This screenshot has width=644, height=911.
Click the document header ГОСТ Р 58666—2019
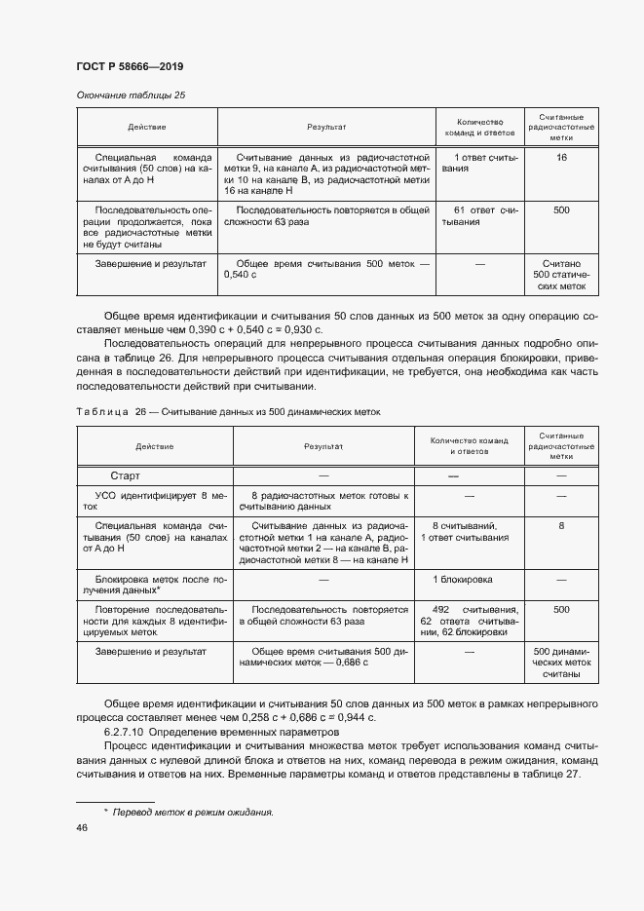pyautogui.click(x=129, y=66)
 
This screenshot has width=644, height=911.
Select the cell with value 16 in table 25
pyautogui.click(x=561, y=157)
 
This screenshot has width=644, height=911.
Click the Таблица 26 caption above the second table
pyautogui.click(x=228, y=412)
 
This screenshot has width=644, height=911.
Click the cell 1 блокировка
pyautogui.click(x=463, y=579)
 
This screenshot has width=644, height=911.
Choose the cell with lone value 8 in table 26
pyautogui.click(x=561, y=525)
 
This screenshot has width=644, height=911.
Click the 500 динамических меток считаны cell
pyautogui.click(x=561, y=662)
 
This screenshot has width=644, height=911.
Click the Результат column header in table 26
pyautogui.click(x=323, y=445)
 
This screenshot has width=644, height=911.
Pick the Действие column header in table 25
pyautogui.click(x=146, y=128)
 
